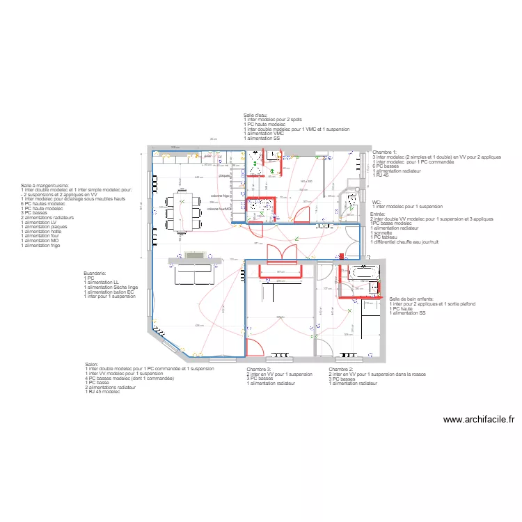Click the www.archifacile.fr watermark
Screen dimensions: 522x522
478,420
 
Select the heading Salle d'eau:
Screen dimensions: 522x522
255,115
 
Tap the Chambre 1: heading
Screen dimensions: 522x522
384,151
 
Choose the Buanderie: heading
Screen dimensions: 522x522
95,274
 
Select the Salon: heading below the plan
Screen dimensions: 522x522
92,364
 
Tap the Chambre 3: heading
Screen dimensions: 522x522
259,370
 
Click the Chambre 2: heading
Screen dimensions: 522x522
341,370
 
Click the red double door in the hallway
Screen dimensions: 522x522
280,251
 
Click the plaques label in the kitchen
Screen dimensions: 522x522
224,176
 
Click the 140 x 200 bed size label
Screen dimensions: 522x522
306,181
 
